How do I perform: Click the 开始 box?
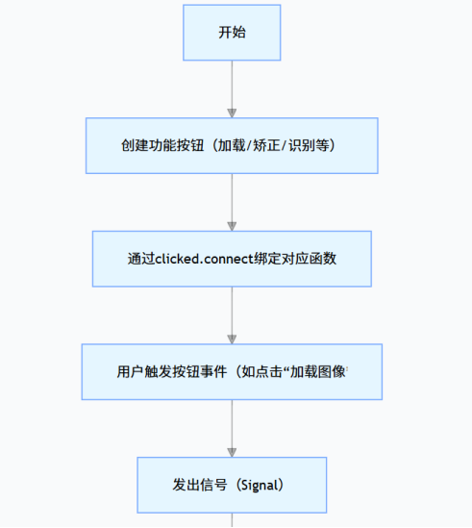[x=232, y=33]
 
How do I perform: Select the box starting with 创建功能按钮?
[x=232, y=145]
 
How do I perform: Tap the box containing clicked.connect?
[x=232, y=259]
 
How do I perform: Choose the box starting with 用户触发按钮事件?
[x=232, y=371]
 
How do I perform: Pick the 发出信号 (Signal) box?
[x=232, y=485]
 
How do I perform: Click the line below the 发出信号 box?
[x=232, y=520]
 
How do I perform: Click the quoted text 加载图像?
[x=323, y=372]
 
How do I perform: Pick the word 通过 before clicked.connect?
[x=139, y=260]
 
